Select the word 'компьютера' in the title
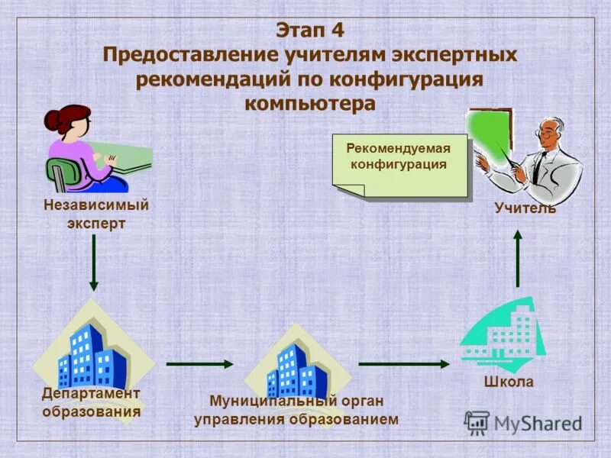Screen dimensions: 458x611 click(x=310, y=103)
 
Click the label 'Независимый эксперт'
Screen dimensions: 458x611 click(x=95, y=214)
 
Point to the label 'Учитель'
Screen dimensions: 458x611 click(x=525, y=208)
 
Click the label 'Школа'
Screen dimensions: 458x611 click(x=508, y=382)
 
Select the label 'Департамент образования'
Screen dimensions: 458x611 click(x=92, y=402)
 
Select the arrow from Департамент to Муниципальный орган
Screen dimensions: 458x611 click(x=199, y=364)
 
